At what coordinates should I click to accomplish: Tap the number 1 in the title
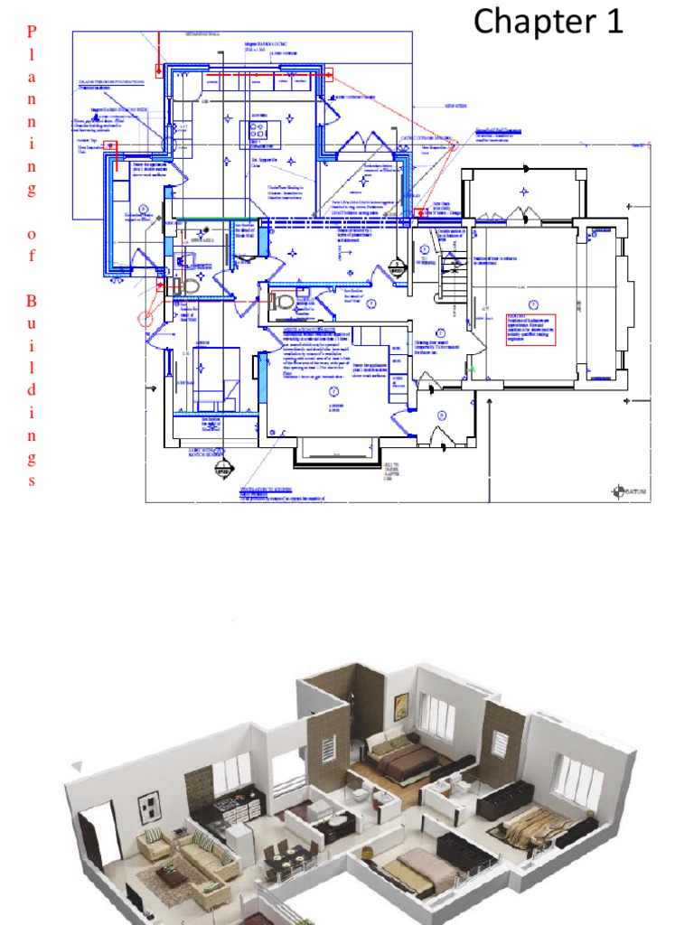click(614, 22)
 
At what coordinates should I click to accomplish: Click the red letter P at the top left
click(33, 33)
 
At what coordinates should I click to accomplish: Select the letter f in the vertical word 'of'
click(33, 257)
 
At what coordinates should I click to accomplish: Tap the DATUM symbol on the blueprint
click(618, 491)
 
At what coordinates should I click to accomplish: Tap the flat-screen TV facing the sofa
click(136, 903)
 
